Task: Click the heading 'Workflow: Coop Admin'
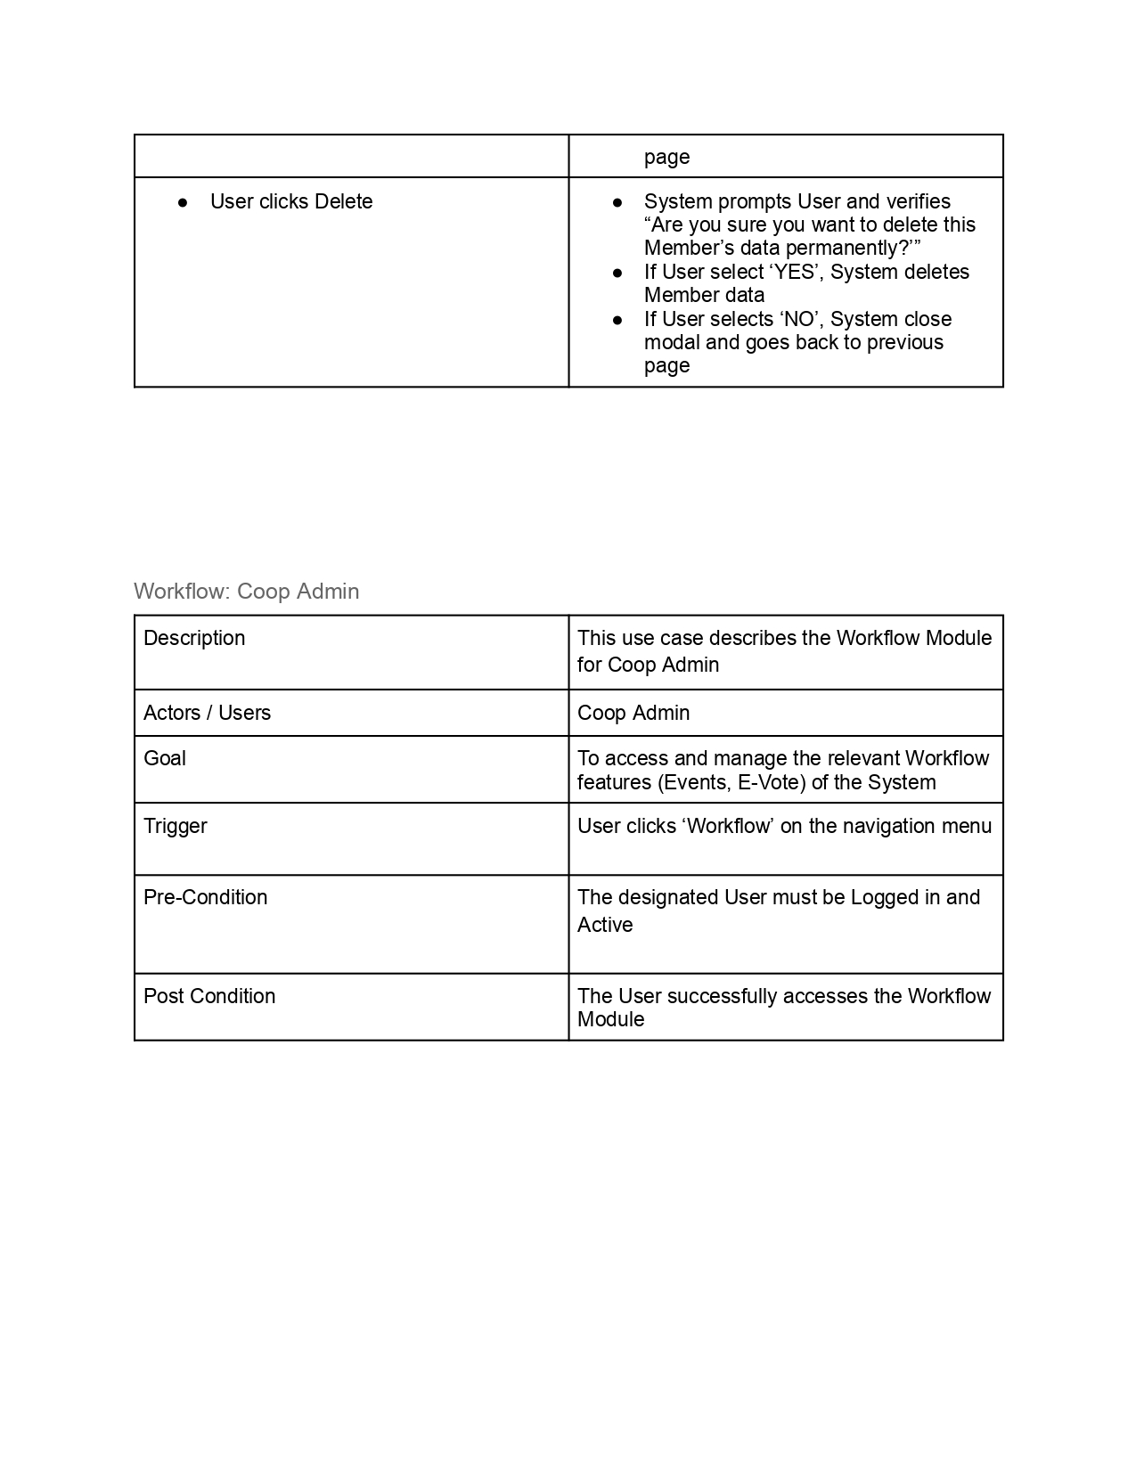tap(246, 592)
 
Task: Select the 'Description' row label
tap(194, 638)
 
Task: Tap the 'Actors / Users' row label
tap(207, 713)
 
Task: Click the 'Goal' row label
tap(165, 758)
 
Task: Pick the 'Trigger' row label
tap(176, 826)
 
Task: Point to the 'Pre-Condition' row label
tap(205, 897)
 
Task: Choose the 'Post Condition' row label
tap(209, 996)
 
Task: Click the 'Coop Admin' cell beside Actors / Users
tap(633, 713)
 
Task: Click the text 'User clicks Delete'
tap(291, 201)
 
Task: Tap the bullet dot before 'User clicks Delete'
tap(183, 202)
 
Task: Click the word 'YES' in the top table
tap(795, 272)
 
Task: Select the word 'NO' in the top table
tap(799, 319)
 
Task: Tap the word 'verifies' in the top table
tap(918, 201)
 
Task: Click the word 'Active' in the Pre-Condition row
tap(605, 925)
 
